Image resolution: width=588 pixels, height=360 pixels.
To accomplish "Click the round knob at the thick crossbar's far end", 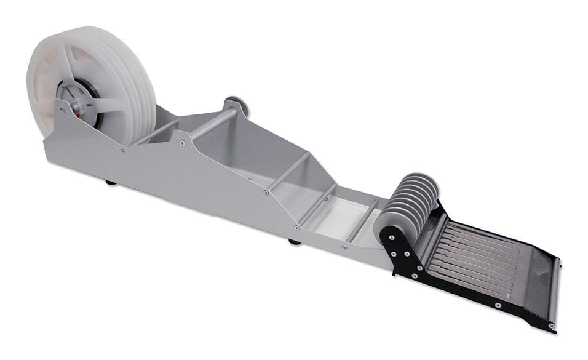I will coord(236,105).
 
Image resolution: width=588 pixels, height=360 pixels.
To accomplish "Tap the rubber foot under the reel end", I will coord(111,182).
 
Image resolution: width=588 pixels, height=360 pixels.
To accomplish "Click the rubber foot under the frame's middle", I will coord(295,241).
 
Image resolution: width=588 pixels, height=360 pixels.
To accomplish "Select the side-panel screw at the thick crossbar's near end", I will coord(183,143).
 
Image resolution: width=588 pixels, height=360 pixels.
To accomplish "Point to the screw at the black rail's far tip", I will coord(551,325).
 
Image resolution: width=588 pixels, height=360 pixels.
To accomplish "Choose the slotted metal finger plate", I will coord(474,252).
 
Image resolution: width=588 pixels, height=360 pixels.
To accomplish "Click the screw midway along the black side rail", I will coord(498,305).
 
